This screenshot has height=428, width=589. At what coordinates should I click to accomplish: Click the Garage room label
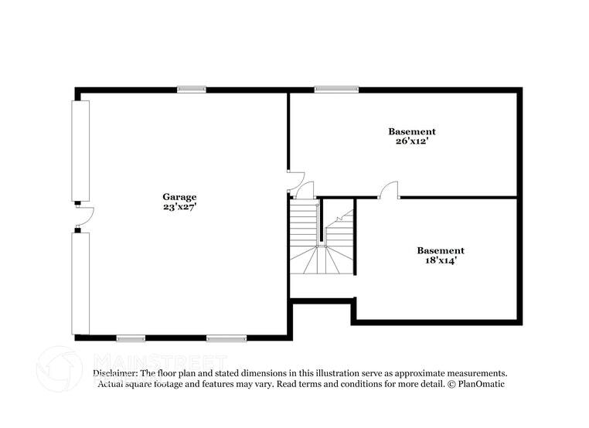click(x=179, y=197)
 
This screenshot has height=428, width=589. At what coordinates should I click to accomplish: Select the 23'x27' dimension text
click(x=179, y=207)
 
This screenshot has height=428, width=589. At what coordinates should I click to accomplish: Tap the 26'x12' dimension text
click(x=411, y=141)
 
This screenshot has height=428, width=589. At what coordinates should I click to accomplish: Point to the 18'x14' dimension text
click(x=440, y=260)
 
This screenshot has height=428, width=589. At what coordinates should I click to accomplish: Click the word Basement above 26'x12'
click(x=411, y=131)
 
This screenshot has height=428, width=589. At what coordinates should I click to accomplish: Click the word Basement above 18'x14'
click(x=440, y=250)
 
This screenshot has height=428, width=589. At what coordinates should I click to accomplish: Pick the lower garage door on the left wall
click(x=80, y=283)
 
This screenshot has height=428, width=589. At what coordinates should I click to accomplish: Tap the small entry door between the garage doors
click(x=83, y=216)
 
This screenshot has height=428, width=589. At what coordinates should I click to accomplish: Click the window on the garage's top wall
click(x=191, y=89)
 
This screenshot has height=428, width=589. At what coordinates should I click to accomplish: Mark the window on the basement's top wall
click(x=336, y=89)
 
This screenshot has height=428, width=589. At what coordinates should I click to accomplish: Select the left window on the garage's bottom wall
click(x=131, y=338)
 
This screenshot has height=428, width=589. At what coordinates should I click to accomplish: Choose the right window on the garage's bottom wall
click(x=226, y=338)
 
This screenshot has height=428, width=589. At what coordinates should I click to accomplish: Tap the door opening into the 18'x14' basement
click(x=388, y=190)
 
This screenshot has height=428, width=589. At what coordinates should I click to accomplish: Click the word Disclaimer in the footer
click(x=115, y=372)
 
